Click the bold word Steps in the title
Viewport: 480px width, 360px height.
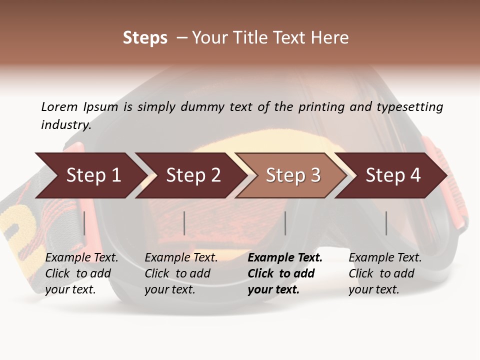tap(145, 38)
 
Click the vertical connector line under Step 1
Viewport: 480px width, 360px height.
tap(84, 223)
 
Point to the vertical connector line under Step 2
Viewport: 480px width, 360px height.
tap(184, 223)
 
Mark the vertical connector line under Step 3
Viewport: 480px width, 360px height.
tap(285, 223)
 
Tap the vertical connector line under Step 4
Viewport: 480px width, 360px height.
tap(386, 223)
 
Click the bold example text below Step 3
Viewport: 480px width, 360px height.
tap(284, 273)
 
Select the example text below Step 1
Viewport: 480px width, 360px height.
tap(81, 273)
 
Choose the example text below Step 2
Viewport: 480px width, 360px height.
tap(180, 273)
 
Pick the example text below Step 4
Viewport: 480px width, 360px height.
tap(384, 273)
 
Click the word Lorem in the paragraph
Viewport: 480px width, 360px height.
tap(59, 107)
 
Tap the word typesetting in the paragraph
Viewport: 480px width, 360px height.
tap(409, 107)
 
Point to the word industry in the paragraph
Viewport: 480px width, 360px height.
tap(65, 125)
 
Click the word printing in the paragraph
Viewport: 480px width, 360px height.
tap(321, 107)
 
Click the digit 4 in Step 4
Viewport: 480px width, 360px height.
tap(414, 175)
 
